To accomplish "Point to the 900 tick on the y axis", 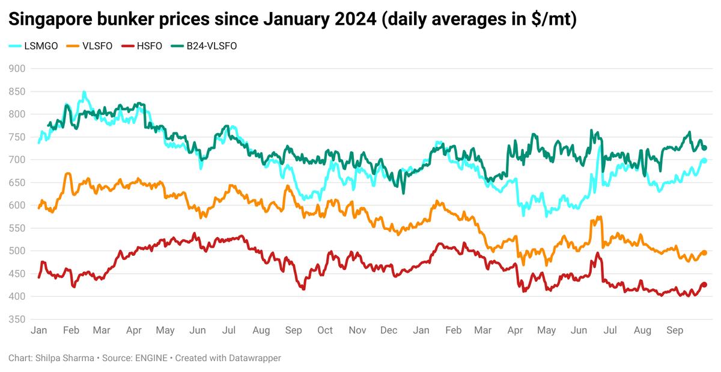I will pyautogui.click(x=17, y=69).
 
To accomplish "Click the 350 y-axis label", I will pyautogui.click(x=17, y=319).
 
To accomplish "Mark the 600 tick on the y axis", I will pyautogui.click(x=17, y=205).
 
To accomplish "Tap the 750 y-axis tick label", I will pyautogui.click(x=17, y=137).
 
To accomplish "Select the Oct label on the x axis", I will pyautogui.click(x=325, y=330).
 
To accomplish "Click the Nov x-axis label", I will pyautogui.click(x=357, y=330).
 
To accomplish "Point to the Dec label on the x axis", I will pyautogui.click(x=389, y=330).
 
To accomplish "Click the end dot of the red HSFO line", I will pyautogui.click(x=705, y=285).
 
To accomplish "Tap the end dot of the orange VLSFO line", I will pyautogui.click(x=705, y=253).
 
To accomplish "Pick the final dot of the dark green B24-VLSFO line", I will pyautogui.click(x=705, y=148).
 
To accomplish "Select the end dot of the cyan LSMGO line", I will pyautogui.click(x=705, y=160).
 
